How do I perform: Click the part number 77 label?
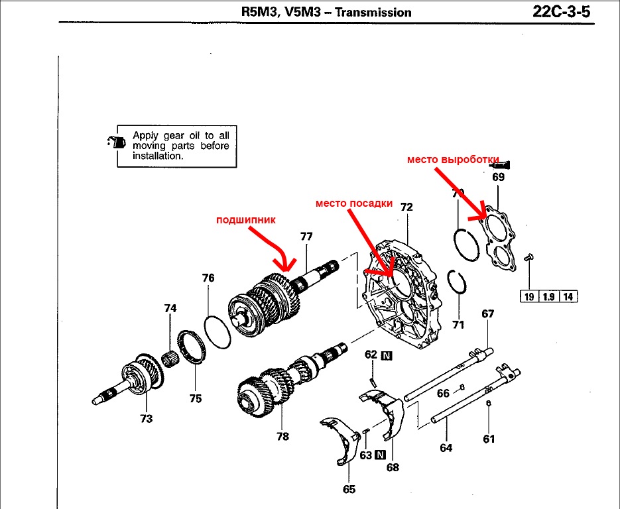pos(306,236)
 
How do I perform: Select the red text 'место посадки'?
pos(353,203)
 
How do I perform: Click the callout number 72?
pos(406,207)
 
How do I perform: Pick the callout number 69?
pos(498,177)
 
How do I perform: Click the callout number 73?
pos(146,418)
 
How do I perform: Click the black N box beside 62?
pos(387,355)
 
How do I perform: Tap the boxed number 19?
pos(528,296)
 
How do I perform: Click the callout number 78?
pos(283,437)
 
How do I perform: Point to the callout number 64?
pos(446,448)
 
